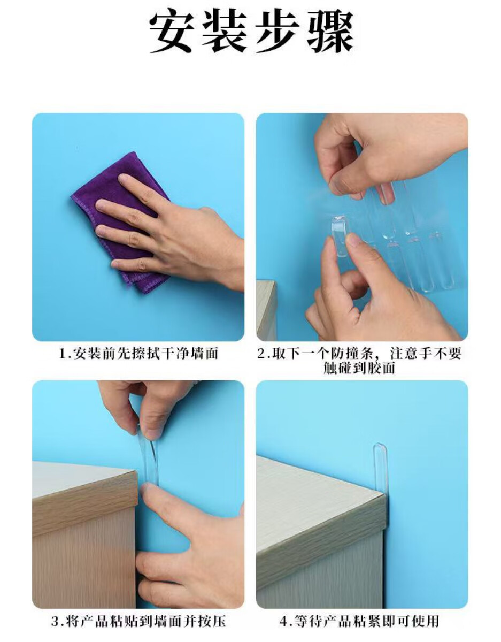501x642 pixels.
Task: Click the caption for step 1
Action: pos(138,353)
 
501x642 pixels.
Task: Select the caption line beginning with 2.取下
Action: pos(359,353)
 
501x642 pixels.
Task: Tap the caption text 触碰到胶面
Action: pos(359,368)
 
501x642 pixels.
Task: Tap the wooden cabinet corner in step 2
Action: pos(267,310)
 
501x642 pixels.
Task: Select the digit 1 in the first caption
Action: pos(63,354)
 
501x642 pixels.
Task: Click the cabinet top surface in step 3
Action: pos(84,479)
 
